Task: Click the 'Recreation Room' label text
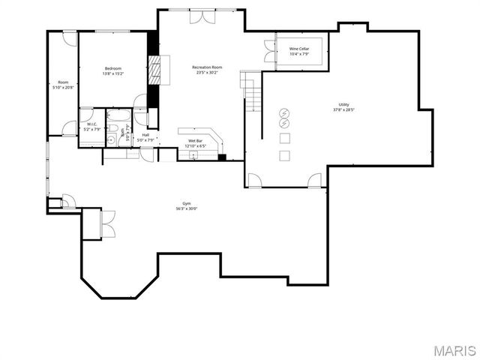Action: pyautogui.click(x=207, y=67)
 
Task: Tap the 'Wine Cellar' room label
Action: pyautogui.click(x=299, y=49)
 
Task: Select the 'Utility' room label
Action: pyautogui.click(x=343, y=104)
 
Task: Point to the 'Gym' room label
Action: pyautogui.click(x=187, y=203)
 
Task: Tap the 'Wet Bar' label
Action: pyautogui.click(x=194, y=140)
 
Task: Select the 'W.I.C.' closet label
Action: pyautogui.click(x=91, y=124)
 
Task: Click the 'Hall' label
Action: pyautogui.click(x=145, y=135)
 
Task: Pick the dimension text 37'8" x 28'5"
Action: pyautogui.click(x=343, y=110)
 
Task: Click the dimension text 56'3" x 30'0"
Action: pyautogui.click(x=187, y=208)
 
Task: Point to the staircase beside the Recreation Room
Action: pyautogui.click(x=253, y=89)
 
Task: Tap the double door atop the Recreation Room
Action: pyautogui.click(x=201, y=16)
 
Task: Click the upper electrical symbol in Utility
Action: pyautogui.click(x=284, y=113)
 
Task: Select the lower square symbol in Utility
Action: pyautogui.click(x=284, y=155)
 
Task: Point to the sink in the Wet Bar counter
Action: pyautogui.click(x=193, y=154)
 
